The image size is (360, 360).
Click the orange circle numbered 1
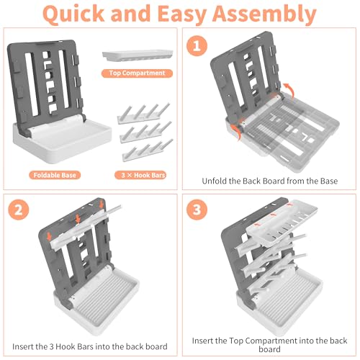tap(197, 45)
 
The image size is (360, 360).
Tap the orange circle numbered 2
tap(19, 210)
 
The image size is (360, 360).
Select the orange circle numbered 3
tap(197, 210)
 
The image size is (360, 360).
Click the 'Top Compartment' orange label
tap(137, 73)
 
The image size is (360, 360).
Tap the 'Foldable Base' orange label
tap(55, 175)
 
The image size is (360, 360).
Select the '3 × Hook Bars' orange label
tap(140, 175)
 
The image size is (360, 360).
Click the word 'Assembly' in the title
tap(264, 14)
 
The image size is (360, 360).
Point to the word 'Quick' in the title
tap(73, 14)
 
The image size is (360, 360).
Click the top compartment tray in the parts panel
tap(138, 55)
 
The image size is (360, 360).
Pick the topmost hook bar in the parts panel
tap(144, 113)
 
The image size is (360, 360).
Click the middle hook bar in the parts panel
tap(146, 132)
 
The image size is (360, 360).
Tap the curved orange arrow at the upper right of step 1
tap(289, 90)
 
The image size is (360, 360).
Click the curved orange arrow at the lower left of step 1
tap(235, 132)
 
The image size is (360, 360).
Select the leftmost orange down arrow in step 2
tap(49, 236)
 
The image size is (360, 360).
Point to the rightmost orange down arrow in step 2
tap(102, 204)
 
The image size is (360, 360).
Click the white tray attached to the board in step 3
tap(282, 222)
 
